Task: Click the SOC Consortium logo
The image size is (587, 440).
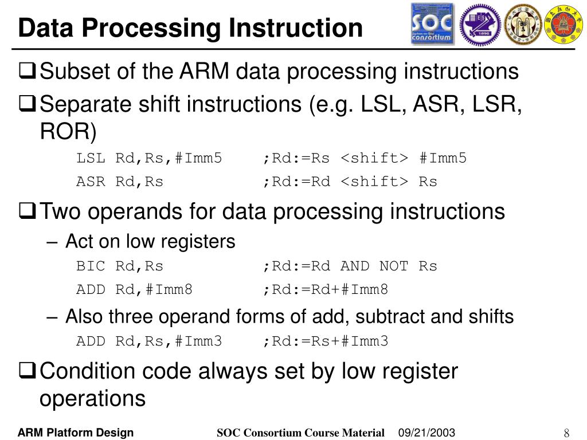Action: pyautogui.click(x=432, y=24)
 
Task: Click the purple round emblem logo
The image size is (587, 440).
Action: pyautogui.click(x=480, y=24)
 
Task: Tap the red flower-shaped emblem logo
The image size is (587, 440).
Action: pyautogui.click(x=562, y=24)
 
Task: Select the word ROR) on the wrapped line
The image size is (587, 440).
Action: pyautogui.click(x=68, y=132)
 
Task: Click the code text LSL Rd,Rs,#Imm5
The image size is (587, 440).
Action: pyautogui.click(x=149, y=158)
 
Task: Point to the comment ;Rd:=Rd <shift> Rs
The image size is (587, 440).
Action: pyautogui.click(x=350, y=182)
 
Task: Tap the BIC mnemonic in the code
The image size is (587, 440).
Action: pyautogui.click(x=91, y=266)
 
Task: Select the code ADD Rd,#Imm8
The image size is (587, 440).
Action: pyautogui.click(x=134, y=290)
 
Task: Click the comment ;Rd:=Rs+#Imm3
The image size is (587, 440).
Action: pyautogui.click(x=326, y=341)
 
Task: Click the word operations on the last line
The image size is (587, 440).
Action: pyautogui.click(x=92, y=398)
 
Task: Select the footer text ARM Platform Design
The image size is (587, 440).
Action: pyautogui.click(x=76, y=433)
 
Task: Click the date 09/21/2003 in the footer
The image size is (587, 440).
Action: pyautogui.click(x=426, y=433)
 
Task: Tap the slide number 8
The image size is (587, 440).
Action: pyautogui.click(x=566, y=433)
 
